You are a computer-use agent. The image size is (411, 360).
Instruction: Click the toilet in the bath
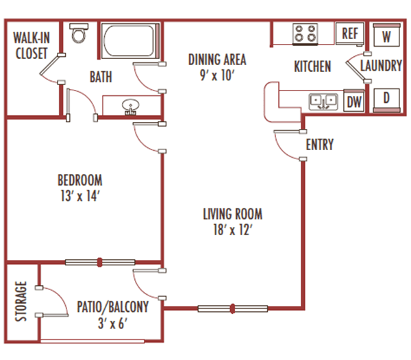(x=78, y=34)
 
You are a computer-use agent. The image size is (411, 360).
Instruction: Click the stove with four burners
(x=305, y=32)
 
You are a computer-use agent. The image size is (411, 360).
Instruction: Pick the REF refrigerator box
(x=350, y=33)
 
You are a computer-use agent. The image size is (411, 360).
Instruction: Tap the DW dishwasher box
(x=353, y=102)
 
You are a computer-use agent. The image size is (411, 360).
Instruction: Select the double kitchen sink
(x=323, y=102)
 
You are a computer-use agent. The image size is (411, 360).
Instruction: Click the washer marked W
(x=387, y=36)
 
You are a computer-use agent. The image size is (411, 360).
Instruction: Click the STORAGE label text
(x=21, y=301)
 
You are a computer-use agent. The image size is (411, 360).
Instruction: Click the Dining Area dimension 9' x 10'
(x=217, y=75)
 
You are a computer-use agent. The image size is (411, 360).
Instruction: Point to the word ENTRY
(x=320, y=145)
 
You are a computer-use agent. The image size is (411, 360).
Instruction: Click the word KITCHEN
(x=312, y=67)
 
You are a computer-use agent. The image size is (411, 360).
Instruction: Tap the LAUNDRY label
(x=380, y=67)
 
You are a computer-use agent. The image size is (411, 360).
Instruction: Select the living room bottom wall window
(x=233, y=308)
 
